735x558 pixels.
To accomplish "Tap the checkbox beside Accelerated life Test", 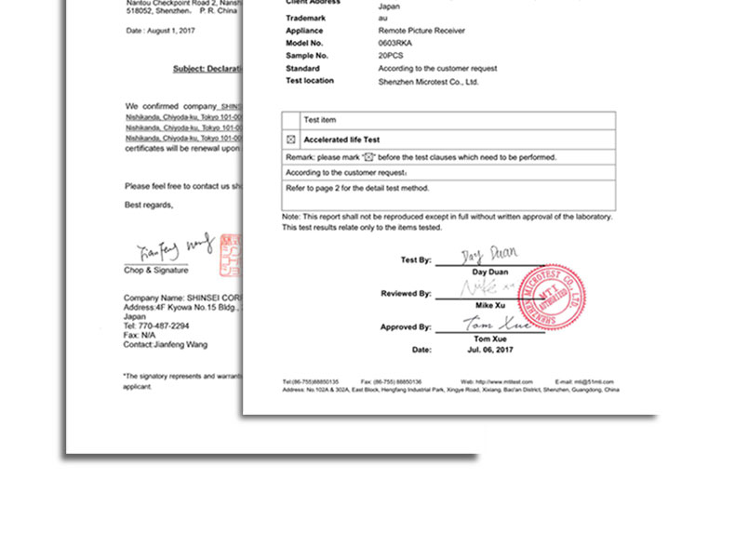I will tap(290, 139).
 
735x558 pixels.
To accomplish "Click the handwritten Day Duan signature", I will tap(489, 254).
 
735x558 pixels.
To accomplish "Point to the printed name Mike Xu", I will tap(489, 305).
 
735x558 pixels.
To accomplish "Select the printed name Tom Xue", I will tap(489, 339).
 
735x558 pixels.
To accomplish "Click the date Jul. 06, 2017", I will tap(489, 350).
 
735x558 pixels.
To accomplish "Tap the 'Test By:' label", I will tap(415, 260).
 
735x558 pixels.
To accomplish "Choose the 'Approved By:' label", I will tap(405, 327).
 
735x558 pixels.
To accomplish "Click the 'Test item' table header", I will tap(320, 120).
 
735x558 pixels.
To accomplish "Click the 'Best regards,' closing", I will tap(149, 205).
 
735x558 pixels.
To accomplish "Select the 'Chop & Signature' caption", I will tap(156, 271).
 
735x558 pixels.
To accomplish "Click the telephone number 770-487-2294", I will tap(156, 325).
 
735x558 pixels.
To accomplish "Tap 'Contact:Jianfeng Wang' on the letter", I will tap(166, 344).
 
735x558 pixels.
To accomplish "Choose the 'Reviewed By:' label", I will tap(406, 294).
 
